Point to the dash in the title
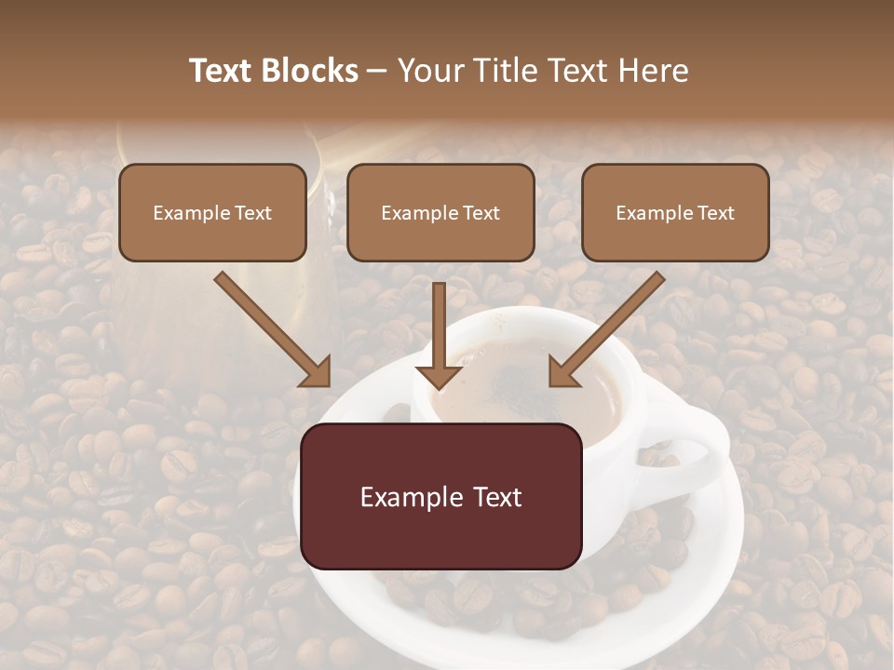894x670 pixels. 377,72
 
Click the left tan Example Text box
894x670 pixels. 212,212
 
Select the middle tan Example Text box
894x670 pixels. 440,212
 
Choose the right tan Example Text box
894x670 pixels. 675,212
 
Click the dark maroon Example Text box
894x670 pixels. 441,496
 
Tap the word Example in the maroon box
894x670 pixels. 406,497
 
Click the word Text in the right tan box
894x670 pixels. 715,213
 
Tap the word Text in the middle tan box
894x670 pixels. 481,213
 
